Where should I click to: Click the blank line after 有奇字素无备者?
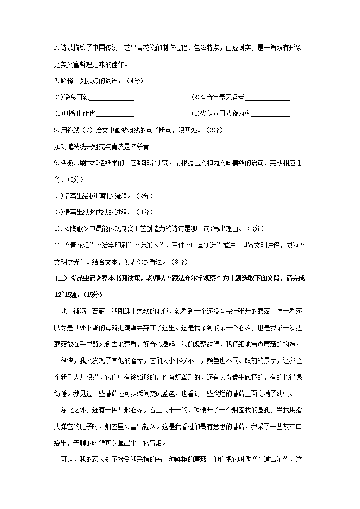(267, 98)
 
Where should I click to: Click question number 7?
(56, 81)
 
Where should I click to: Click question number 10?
(58, 228)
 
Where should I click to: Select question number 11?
(58, 245)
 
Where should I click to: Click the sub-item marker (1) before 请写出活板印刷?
(58, 196)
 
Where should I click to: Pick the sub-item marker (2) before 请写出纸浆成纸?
(58, 212)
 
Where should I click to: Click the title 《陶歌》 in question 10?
(74, 228)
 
